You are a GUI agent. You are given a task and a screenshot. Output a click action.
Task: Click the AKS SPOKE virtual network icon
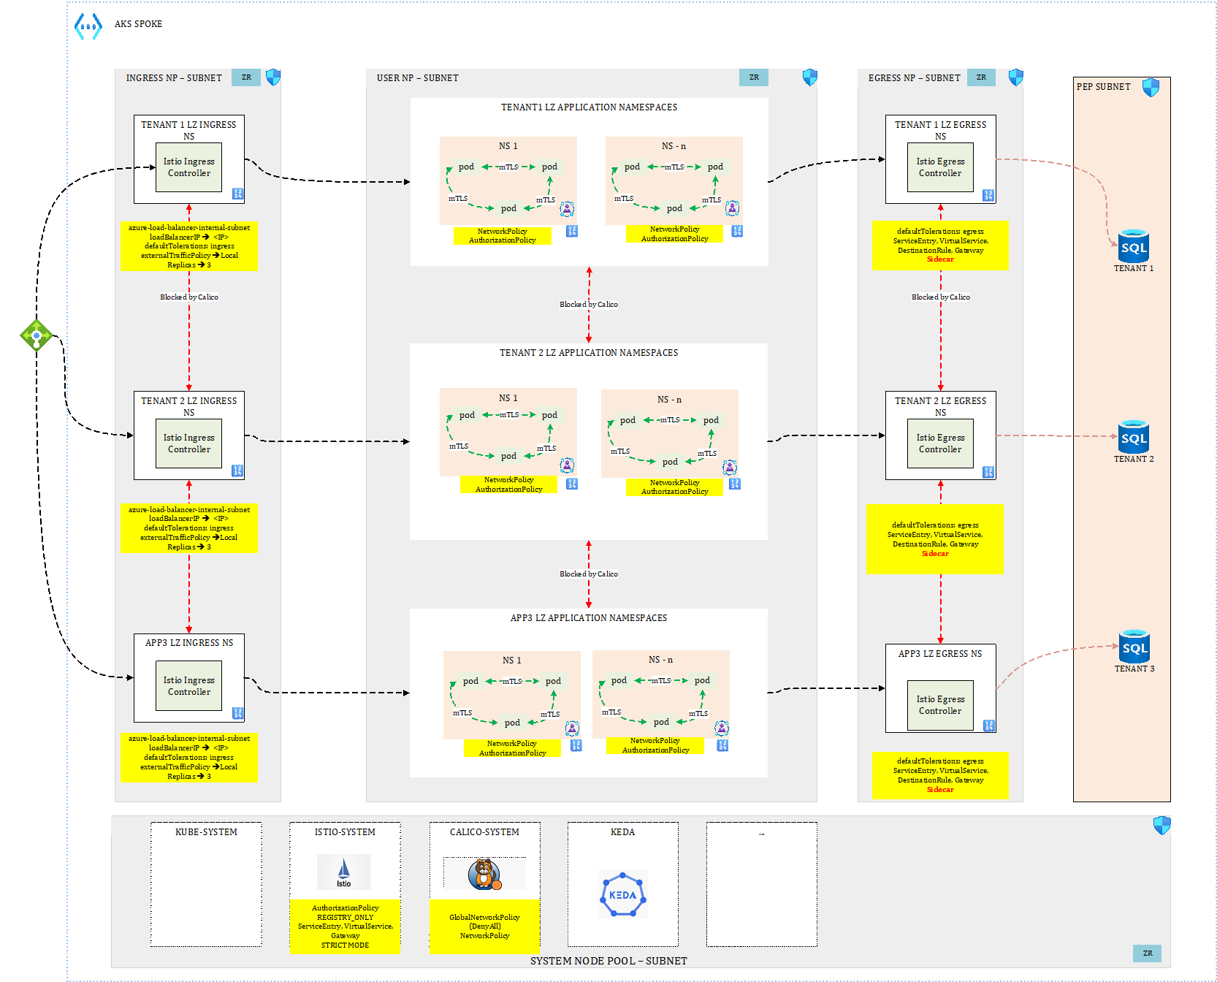point(88,26)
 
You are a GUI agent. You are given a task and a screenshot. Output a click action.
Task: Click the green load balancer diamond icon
point(36,335)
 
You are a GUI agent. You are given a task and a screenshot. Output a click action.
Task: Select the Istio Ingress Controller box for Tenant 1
point(188,167)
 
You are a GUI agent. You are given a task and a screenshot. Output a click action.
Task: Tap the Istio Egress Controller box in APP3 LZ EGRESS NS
point(940,705)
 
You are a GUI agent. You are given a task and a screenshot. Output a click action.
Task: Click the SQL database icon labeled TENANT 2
point(1134,437)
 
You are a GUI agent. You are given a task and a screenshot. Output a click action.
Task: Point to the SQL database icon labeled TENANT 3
point(1134,647)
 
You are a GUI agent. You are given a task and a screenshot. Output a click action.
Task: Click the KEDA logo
point(622,894)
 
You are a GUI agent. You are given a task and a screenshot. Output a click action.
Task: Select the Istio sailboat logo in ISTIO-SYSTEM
point(344,872)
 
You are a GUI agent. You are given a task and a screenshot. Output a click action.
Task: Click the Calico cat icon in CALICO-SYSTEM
point(484,873)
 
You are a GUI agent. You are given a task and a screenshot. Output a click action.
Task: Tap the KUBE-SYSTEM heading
point(206,832)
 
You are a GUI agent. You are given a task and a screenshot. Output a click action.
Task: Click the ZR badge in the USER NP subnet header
point(754,77)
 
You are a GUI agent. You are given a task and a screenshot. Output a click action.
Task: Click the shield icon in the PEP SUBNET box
point(1151,88)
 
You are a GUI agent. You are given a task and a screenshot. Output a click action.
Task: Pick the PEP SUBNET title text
point(1103,87)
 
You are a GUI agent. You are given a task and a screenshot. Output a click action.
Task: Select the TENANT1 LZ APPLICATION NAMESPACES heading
point(589,107)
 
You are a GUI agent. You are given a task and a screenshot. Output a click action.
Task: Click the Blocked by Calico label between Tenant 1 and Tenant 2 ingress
point(189,297)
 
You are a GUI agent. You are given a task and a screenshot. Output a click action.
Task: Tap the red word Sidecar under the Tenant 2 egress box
point(935,554)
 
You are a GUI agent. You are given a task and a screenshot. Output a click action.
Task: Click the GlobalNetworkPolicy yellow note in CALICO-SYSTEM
point(484,926)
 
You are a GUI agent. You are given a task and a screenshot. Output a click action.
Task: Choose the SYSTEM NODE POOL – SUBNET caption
point(608,961)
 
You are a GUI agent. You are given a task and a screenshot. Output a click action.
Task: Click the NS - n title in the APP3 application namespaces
point(660,660)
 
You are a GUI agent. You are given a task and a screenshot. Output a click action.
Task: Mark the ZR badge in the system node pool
point(1148,954)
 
